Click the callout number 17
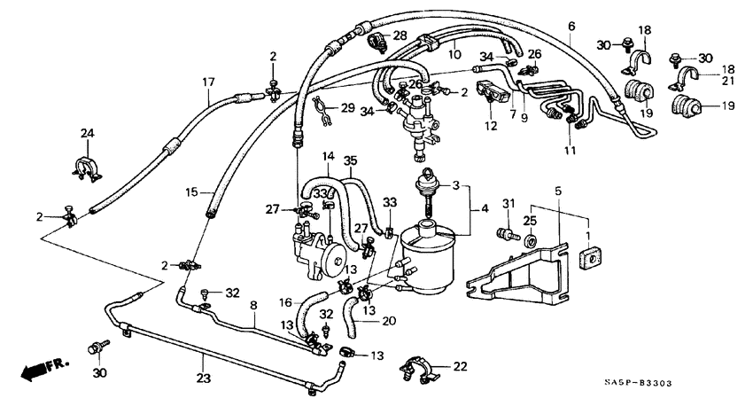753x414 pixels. coord(209,82)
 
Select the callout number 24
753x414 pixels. coord(88,134)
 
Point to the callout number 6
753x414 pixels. coord(571,26)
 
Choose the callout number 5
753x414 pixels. coord(558,191)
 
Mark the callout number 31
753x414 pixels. coord(508,205)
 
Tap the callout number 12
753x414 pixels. coord(490,126)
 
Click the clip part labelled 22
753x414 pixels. coord(416,368)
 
